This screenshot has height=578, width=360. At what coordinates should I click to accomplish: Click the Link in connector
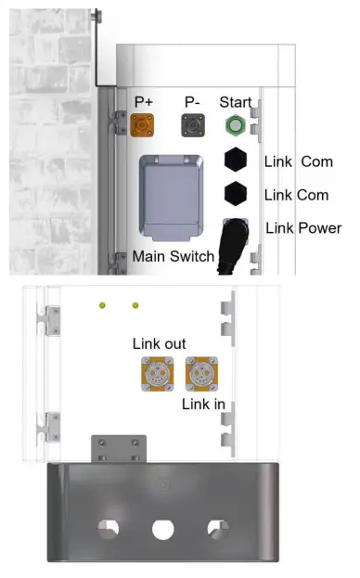pyautogui.click(x=199, y=373)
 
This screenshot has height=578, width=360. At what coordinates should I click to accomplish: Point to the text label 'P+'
pyautogui.click(x=145, y=101)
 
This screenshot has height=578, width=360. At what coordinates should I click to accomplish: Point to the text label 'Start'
pyautogui.click(x=235, y=101)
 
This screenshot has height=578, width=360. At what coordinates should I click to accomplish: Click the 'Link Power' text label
pyautogui.click(x=303, y=228)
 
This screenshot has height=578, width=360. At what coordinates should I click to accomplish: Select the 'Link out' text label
pyautogui.click(x=159, y=344)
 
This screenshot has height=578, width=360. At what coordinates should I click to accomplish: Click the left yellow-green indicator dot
pyautogui.click(x=104, y=304)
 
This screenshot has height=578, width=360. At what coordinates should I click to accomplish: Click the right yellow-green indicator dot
pyautogui.click(x=135, y=304)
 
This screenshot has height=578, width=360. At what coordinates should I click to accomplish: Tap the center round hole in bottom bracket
pyautogui.click(x=163, y=530)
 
